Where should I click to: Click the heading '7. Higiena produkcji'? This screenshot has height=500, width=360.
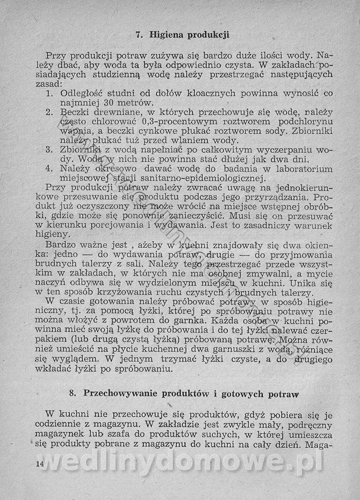coord(183,34)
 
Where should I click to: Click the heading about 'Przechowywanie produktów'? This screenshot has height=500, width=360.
coord(184,393)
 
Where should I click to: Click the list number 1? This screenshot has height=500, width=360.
coord(49,94)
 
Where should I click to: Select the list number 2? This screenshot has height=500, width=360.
coord(50,112)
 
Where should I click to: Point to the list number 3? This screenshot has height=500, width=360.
coord(50,150)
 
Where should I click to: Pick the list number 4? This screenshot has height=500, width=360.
coord(50,169)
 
